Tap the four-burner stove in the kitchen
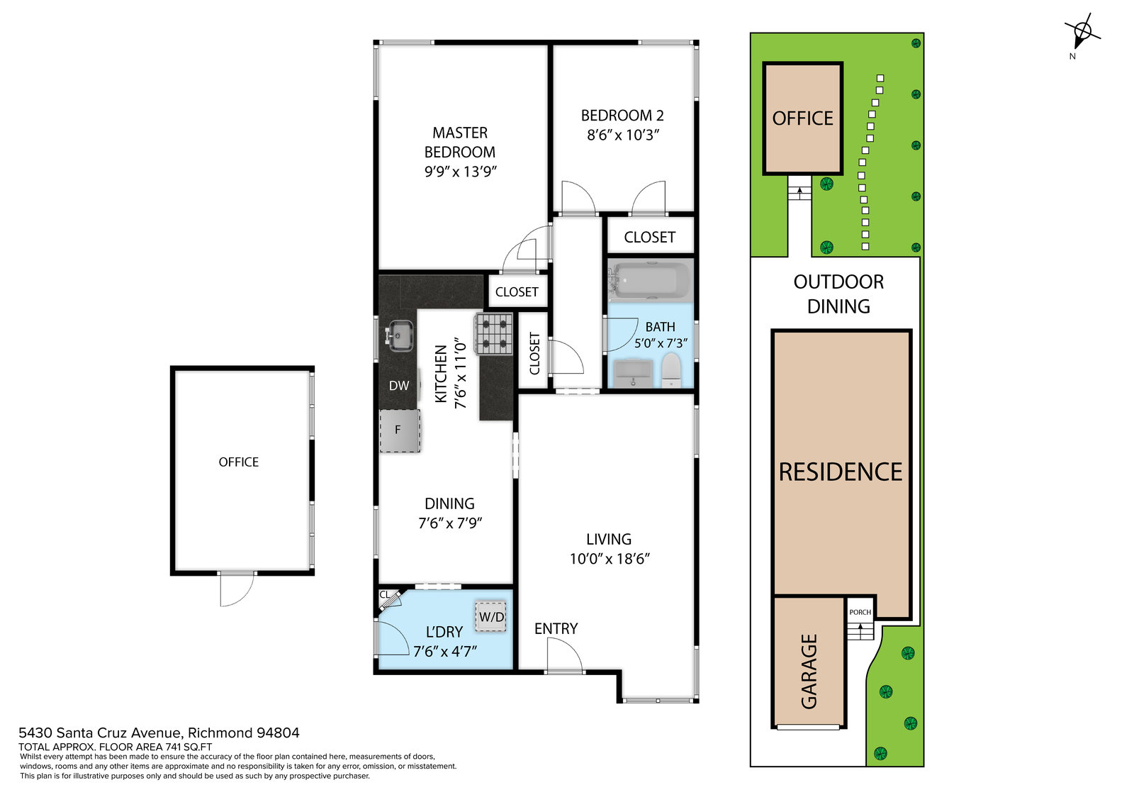click(493, 333)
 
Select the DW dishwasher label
click(399, 386)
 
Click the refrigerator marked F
click(400, 430)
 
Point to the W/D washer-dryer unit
click(490, 616)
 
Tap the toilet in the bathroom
click(671, 370)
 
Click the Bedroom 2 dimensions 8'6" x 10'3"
click(623, 135)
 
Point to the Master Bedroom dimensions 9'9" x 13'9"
click(460, 171)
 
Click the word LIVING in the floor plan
click(609, 539)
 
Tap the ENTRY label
click(556, 629)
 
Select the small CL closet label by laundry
click(385, 595)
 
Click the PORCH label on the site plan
click(860, 612)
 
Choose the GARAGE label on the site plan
click(809, 672)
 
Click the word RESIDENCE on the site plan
click(841, 472)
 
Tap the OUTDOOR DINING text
click(839, 294)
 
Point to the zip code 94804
click(278, 733)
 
